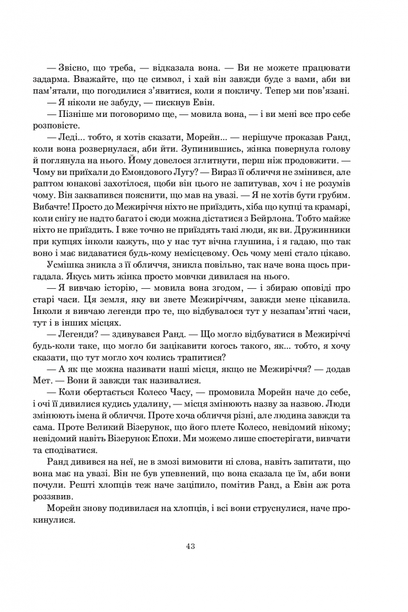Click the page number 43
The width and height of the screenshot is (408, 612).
click(x=190, y=547)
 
